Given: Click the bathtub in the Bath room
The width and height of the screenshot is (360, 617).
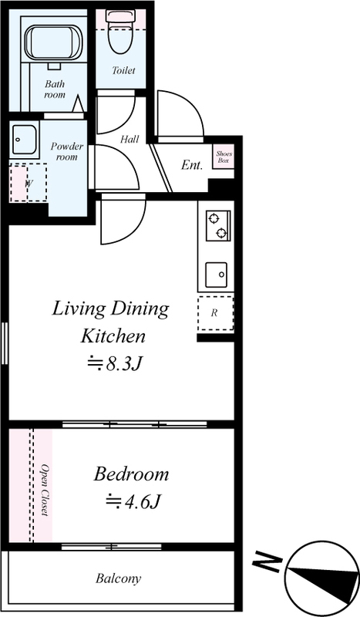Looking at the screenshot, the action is pos(52,43).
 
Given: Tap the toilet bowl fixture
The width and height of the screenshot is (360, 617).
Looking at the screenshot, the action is pos(121,32).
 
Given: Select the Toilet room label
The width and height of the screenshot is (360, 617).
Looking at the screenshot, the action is pos(123,70).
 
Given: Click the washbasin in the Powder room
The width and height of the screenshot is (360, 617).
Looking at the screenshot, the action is pos(25,139).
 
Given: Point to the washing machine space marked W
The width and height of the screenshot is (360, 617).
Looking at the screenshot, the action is pos(29,183).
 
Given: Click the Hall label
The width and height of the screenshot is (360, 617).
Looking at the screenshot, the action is pos(130,139).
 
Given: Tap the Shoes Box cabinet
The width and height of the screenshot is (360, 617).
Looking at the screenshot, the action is pos(224,157).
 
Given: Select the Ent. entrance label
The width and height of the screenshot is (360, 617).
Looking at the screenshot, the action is pos(192,165).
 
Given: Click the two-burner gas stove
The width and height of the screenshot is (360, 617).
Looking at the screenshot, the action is pos(218,225).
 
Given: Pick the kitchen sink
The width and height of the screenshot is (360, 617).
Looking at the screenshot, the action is pos(217,275).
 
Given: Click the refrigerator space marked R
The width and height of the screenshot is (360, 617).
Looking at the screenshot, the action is pos(215,314).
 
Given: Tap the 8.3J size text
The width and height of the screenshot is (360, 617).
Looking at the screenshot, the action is pos(114,364).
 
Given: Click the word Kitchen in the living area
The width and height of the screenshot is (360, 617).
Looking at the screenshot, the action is pos(113,335).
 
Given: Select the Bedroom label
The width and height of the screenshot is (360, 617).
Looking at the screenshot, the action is pos(131,474).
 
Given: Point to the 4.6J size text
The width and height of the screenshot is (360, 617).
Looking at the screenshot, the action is pos(133,501).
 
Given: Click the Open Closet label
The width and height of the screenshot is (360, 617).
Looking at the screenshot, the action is pos(45,491).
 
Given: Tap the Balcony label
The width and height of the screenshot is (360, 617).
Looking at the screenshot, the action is pos(118,578).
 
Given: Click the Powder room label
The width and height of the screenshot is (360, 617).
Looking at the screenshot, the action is pos(67,151).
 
